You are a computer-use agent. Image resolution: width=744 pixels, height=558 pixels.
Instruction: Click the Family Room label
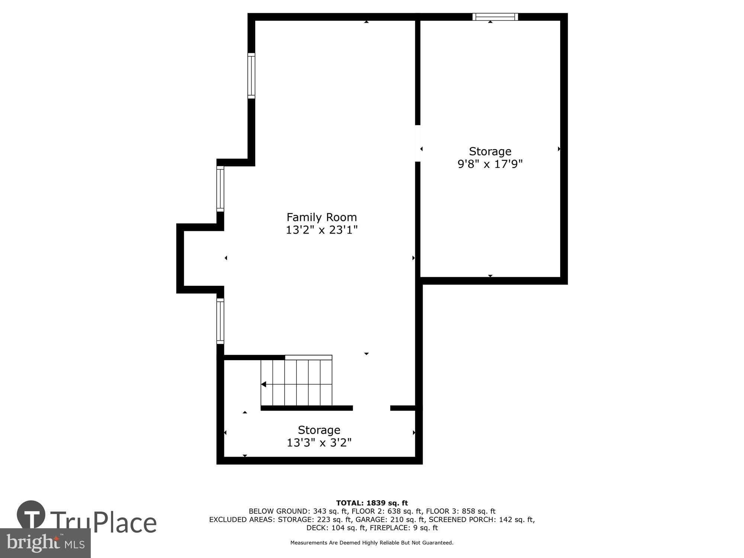tap(321, 217)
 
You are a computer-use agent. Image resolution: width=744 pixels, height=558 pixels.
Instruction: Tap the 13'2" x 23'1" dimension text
tap(321, 230)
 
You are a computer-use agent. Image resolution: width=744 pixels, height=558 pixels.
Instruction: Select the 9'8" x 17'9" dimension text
tap(490, 164)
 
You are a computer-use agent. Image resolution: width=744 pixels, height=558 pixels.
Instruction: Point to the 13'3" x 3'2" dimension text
tap(319, 443)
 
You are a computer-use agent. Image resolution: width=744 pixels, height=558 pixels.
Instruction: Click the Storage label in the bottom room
tap(319, 430)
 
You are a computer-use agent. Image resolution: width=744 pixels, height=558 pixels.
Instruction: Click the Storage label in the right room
tap(490, 151)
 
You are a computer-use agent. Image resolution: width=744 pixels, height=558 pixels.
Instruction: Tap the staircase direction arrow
tap(264, 384)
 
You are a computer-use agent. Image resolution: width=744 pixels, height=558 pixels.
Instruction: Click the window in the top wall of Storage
tap(495, 17)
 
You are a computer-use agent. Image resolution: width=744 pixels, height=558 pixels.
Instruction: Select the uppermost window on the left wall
tap(251, 76)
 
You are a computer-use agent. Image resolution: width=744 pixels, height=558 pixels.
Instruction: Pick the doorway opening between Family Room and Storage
tap(418, 143)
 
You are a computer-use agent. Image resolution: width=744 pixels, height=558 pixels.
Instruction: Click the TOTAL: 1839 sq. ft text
tap(372, 503)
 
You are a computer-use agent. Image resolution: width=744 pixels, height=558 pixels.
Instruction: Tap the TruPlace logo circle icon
tap(31, 515)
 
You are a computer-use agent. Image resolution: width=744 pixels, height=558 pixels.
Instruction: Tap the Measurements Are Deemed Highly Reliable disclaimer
tap(372, 543)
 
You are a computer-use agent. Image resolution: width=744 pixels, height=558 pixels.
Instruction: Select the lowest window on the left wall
tap(220, 321)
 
